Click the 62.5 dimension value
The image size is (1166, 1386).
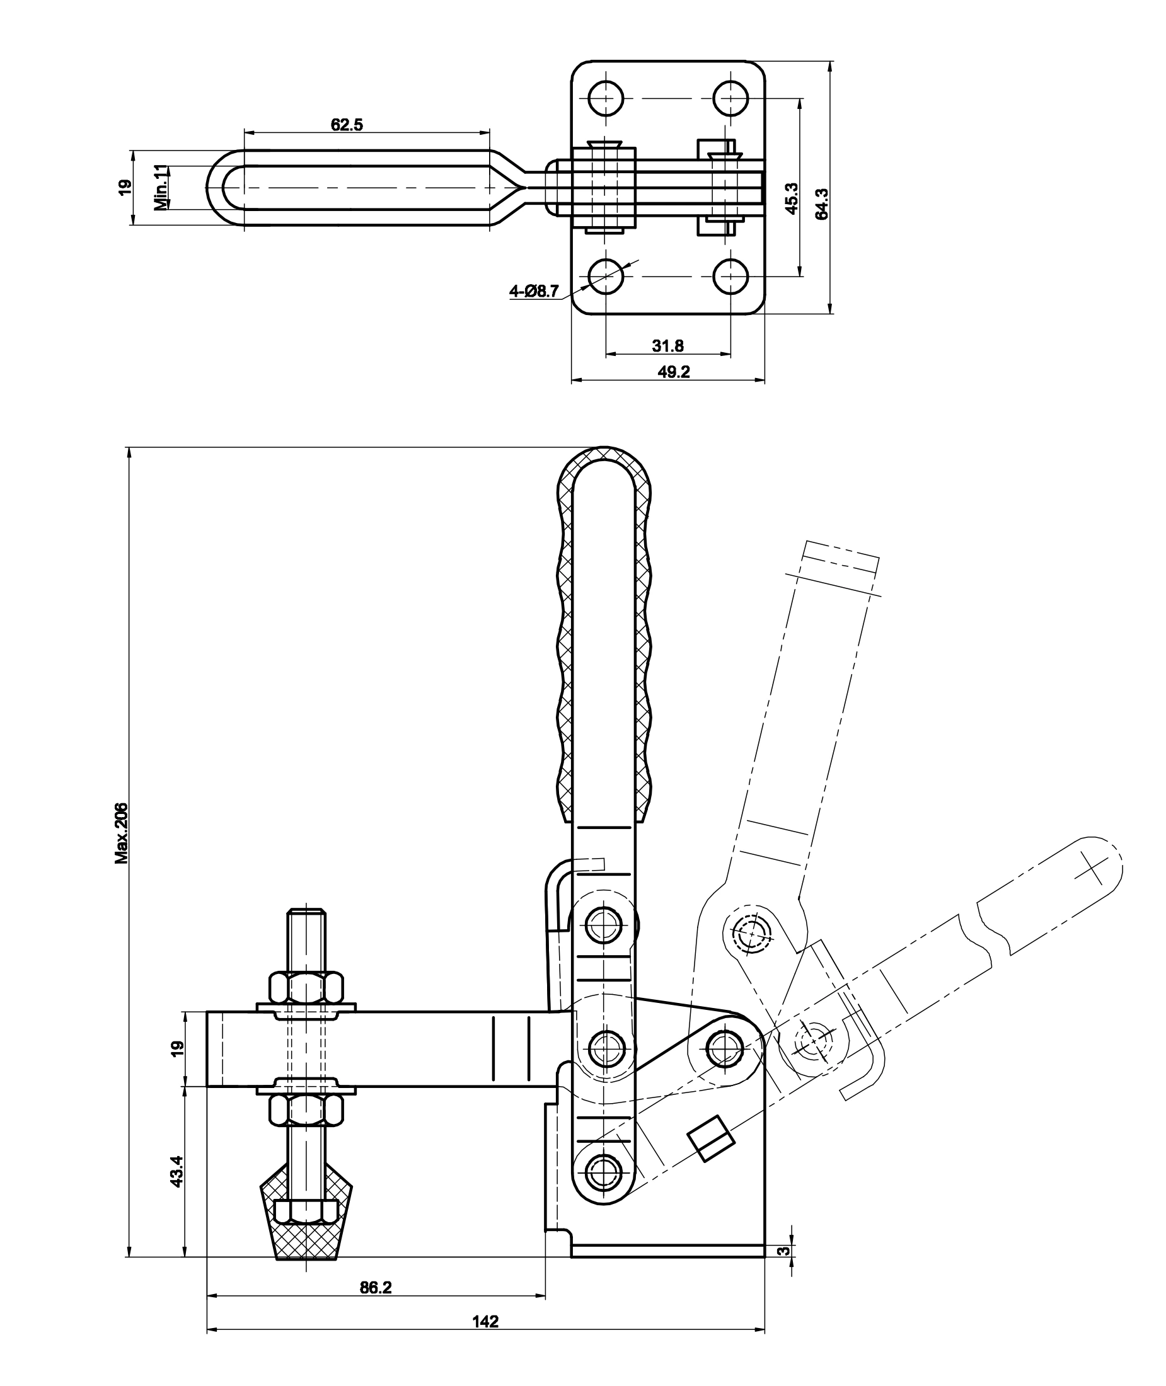347,124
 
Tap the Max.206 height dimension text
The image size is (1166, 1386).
121,833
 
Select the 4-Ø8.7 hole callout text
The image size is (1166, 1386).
534,290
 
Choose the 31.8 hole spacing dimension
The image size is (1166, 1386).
667,345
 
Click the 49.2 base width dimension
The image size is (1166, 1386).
674,372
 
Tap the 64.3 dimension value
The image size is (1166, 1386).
822,204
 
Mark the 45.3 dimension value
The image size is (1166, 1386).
792,198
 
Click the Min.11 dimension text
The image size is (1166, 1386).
161,188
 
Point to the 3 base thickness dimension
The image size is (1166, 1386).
782,1251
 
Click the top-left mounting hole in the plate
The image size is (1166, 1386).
606,98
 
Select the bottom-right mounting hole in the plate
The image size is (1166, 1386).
731,275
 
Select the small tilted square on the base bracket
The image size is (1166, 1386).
711,1138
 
